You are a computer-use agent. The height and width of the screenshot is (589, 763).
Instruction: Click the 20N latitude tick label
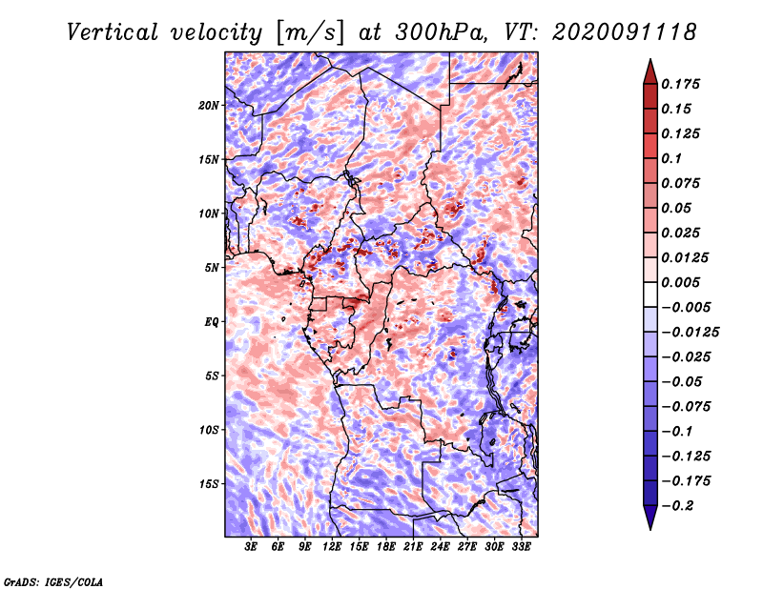tap(209, 105)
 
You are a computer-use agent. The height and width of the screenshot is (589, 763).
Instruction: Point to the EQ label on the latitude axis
tap(212, 321)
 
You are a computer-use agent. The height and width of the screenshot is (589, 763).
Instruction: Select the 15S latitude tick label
tap(209, 483)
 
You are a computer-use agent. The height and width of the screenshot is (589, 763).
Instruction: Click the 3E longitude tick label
tap(252, 547)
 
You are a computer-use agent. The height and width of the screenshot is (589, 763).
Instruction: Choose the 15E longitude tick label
tap(359, 547)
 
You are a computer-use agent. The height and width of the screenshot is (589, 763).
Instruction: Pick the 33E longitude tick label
tap(521, 547)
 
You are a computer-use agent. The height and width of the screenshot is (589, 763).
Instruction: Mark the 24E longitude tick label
tap(440, 547)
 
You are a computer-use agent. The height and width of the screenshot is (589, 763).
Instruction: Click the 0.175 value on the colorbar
tap(684, 84)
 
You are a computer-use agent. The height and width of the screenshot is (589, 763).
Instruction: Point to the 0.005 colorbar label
tap(684, 282)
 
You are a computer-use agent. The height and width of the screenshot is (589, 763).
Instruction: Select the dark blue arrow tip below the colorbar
tap(650, 520)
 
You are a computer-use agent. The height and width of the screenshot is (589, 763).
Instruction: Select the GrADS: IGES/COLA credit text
tap(52, 580)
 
